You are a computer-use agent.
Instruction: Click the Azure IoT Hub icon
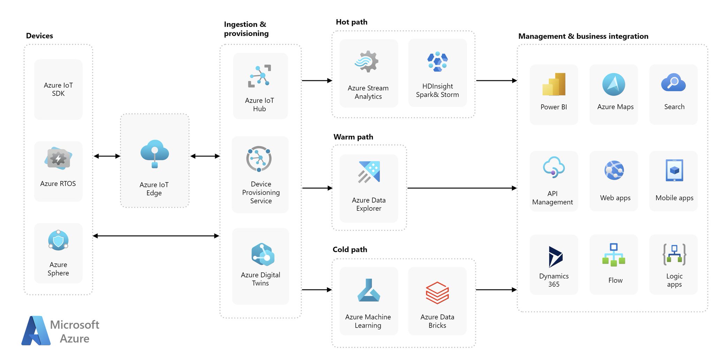click(x=259, y=76)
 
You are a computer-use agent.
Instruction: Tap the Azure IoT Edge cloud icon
click(x=154, y=154)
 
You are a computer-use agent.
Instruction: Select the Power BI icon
click(x=554, y=84)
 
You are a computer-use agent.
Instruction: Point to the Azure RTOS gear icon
click(x=58, y=158)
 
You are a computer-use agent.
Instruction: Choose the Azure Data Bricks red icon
click(x=437, y=293)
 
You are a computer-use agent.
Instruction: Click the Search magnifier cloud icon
click(x=673, y=82)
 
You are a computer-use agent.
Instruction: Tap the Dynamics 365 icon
click(x=555, y=257)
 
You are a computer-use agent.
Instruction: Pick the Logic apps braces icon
click(x=674, y=254)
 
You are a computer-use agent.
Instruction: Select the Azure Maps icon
click(x=614, y=84)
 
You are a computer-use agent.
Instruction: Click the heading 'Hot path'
click(x=351, y=22)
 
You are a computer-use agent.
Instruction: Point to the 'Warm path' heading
click(x=353, y=137)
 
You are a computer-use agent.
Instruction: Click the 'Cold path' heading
click(x=350, y=250)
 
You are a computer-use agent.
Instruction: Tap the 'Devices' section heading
click(x=39, y=36)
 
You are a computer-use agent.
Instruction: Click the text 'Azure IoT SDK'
click(x=58, y=89)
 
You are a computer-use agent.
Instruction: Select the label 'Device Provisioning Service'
click(x=261, y=192)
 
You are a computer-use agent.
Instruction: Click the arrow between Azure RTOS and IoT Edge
click(x=107, y=156)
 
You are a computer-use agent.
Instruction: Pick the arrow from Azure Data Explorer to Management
click(x=462, y=188)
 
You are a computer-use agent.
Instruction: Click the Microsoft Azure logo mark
click(x=36, y=331)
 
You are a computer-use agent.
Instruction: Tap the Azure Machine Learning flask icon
click(x=369, y=290)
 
